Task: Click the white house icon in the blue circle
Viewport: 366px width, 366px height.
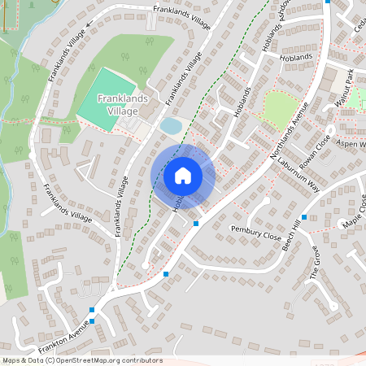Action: tap(183, 175)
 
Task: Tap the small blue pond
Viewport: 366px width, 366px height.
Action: tap(171, 126)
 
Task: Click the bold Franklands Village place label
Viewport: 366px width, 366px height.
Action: tap(117, 104)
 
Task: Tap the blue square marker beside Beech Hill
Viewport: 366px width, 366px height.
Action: tap(303, 217)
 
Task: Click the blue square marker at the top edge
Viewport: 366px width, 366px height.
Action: tap(327, 2)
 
